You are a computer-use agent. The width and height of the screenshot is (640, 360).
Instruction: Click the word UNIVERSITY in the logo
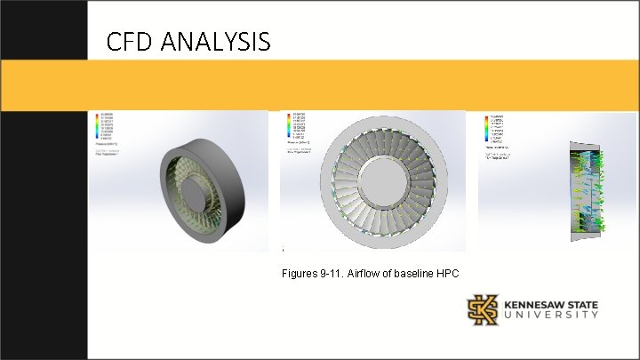coord(551,316)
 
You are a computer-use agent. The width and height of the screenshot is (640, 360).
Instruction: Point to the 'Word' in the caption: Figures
coord(298,272)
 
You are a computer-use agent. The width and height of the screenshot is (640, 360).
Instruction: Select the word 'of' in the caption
coord(381,272)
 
